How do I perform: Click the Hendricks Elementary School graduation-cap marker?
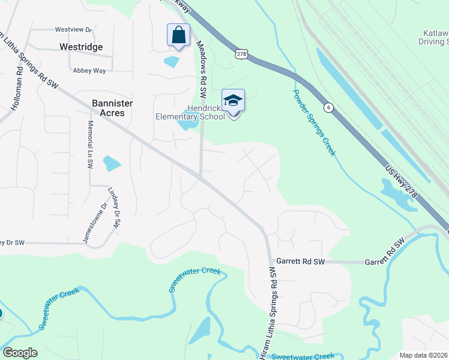[233, 101]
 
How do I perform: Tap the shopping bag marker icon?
[178, 35]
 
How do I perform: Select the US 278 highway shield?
[241, 54]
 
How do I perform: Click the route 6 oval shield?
[328, 107]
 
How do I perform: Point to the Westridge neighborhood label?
[81, 47]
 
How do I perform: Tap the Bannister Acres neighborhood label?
[108, 108]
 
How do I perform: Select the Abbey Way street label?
[89, 70]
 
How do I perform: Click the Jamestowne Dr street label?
[94, 223]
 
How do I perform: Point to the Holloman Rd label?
[16, 87]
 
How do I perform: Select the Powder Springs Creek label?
[314, 122]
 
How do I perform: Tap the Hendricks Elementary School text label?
[190, 112]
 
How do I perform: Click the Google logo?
[20, 353]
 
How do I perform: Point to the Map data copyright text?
[424, 355]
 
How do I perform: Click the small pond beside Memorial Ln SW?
[112, 163]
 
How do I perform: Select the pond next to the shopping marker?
[172, 61]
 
